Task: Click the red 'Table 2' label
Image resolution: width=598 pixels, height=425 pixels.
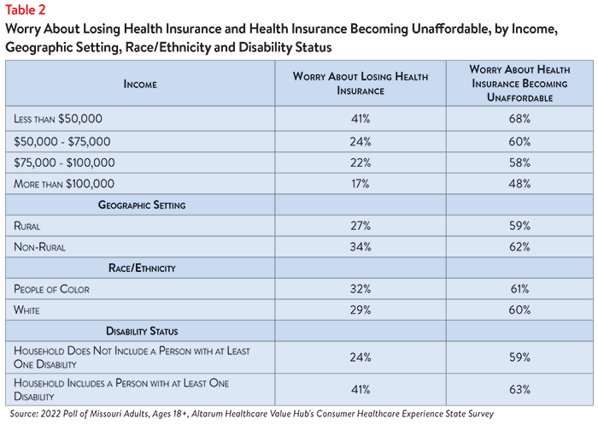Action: [x=26, y=10]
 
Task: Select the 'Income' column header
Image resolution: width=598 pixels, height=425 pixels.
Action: [x=140, y=84]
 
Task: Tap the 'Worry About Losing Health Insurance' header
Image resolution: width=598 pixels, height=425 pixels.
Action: [x=361, y=83]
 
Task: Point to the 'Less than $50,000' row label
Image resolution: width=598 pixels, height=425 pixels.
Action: [x=58, y=119]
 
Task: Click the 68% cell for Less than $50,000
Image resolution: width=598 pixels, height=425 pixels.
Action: [x=519, y=119]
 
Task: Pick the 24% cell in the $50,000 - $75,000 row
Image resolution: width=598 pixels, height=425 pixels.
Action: [x=361, y=142]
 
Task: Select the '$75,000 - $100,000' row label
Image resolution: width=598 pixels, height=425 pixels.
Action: [x=64, y=162]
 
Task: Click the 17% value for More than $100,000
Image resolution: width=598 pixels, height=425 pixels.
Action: [x=361, y=184]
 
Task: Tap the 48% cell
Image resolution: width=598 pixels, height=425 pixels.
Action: [x=519, y=184]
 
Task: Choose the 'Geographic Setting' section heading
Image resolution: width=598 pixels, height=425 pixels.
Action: [x=142, y=205]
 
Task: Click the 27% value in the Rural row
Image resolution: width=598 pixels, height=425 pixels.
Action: [x=361, y=226]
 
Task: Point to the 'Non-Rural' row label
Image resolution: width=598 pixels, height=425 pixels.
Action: [x=39, y=247]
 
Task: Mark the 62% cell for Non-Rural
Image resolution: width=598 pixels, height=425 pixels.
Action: [x=519, y=246]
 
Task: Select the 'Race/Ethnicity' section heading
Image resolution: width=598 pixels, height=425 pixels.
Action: [x=142, y=268]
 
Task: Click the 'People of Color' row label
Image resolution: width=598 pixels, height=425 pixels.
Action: [x=51, y=289]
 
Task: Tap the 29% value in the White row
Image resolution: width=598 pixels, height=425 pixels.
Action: [x=361, y=310]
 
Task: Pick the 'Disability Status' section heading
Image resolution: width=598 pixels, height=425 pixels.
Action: [x=142, y=331]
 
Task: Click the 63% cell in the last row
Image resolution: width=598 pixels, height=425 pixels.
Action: [x=519, y=389]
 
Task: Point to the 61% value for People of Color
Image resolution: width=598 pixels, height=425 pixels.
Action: [x=519, y=289]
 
